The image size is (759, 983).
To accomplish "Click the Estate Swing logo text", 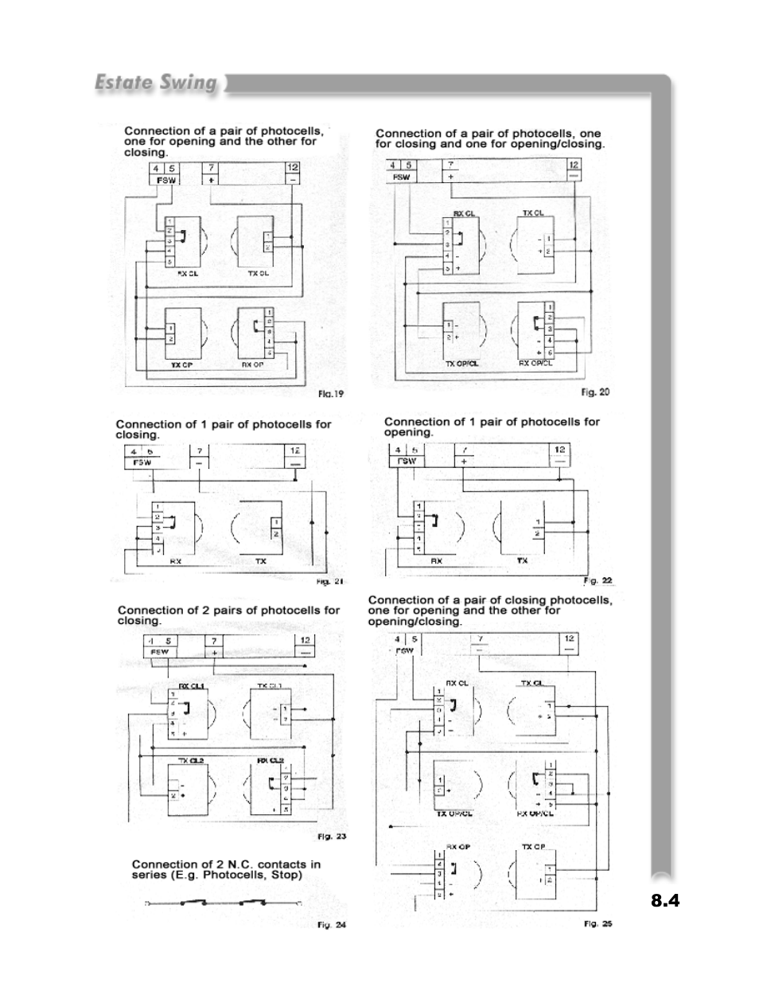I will point(155,83).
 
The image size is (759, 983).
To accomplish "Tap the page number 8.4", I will point(665,901).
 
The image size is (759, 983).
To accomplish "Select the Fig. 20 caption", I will point(595,392).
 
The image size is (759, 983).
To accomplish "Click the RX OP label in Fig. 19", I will point(253,365).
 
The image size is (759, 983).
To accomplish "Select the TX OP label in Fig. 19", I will point(182,365).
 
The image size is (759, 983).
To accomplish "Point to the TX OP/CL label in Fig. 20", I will point(461,364).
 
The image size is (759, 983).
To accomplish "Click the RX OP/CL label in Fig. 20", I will point(535,363).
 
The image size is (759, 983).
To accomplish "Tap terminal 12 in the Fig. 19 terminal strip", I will point(293,168).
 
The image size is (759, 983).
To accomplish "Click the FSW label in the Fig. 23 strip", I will point(160,652).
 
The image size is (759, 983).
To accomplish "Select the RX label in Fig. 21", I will point(176,561).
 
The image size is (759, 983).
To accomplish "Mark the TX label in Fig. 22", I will point(523,560).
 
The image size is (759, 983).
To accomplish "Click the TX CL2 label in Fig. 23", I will point(191,761).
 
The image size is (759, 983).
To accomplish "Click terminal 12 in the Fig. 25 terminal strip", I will point(569,638).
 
